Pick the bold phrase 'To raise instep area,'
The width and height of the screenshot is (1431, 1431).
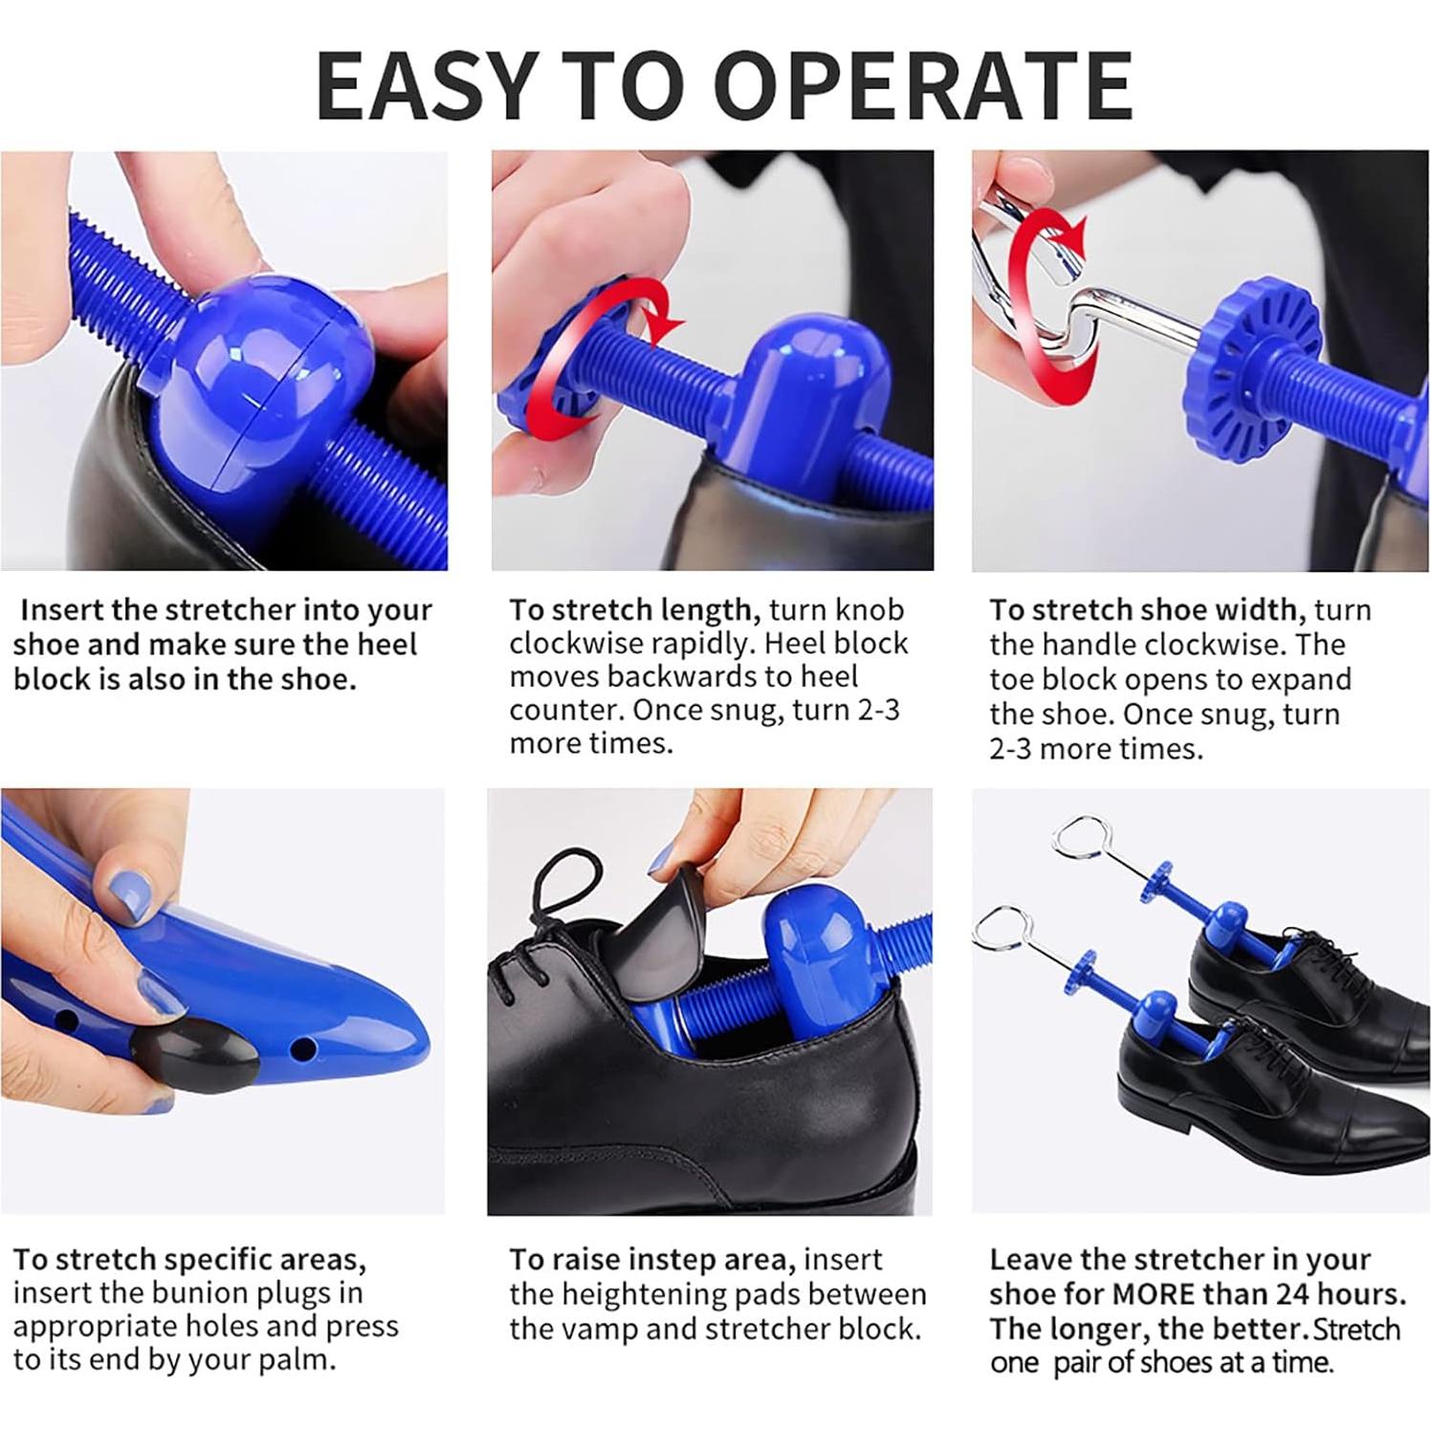(649, 1259)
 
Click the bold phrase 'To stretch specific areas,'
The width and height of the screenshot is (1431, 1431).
(189, 1260)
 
